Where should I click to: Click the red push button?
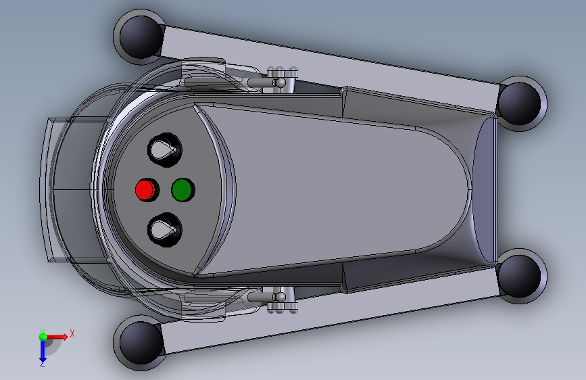(145, 189)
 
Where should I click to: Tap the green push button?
(182, 190)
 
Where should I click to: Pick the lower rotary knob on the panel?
(164, 230)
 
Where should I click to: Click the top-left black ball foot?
(139, 36)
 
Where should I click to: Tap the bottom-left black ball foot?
(139, 341)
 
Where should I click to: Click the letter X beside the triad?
(72, 333)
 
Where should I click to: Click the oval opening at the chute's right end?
(484, 189)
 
